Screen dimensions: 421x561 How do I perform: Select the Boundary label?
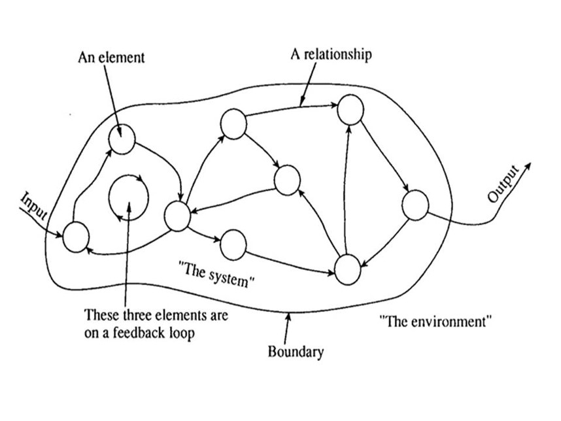[296, 352]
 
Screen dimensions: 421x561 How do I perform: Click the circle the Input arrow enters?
[76, 236]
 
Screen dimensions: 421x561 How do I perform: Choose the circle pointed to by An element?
[122, 140]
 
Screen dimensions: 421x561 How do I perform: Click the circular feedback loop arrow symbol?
[128, 195]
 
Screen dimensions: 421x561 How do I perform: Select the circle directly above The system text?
[233, 244]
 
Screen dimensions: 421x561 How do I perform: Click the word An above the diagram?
[86, 58]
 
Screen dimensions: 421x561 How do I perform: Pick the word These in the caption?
[101, 315]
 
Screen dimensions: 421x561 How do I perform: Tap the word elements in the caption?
[176, 315]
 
